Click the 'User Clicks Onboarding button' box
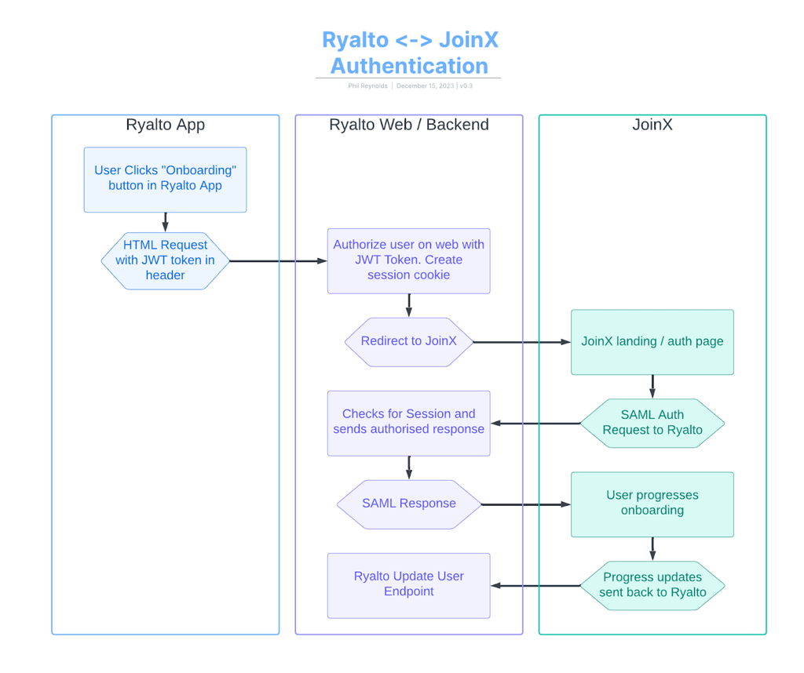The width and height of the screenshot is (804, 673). (x=165, y=179)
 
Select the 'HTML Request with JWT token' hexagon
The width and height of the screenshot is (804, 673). (x=165, y=260)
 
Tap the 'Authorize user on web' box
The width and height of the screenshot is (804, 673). (x=408, y=260)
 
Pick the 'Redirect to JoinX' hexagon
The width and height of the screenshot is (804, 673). (x=408, y=341)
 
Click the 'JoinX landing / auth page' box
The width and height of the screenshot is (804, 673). (x=652, y=342)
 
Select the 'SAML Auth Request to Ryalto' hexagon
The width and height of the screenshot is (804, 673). (x=652, y=423)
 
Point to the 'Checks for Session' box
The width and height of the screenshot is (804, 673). (x=408, y=422)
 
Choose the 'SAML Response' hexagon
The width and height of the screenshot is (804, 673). (x=408, y=504)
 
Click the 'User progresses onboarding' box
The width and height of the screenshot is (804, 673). (x=652, y=504)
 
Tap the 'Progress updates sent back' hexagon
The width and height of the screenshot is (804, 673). (x=652, y=585)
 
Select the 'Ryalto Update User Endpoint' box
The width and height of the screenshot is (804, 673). (x=408, y=584)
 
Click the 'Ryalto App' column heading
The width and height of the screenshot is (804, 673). (x=165, y=126)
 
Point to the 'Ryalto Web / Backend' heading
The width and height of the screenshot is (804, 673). (x=408, y=126)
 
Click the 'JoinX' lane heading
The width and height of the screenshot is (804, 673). (x=652, y=126)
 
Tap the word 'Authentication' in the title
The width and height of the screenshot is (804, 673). (x=409, y=65)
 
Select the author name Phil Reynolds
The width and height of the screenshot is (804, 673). (x=367, y=86)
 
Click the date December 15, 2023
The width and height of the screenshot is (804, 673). (x=425, y=86)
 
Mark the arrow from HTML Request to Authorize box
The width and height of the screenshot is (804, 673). (x=279, y=260)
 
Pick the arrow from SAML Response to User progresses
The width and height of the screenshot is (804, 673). (x=526, y=504)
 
